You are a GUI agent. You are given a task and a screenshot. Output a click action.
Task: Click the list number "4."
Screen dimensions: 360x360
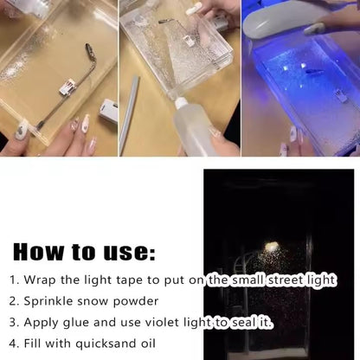(x=15, y=344)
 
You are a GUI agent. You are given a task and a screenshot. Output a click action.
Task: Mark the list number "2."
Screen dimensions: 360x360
(x=15, y=302)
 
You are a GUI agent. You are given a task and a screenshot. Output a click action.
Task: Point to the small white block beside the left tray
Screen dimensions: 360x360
(x=107, y=110)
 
